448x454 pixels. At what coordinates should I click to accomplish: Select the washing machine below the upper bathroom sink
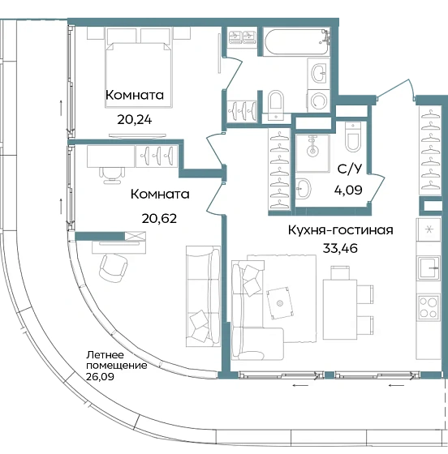(319, 101)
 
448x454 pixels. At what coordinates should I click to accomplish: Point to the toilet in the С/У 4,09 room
(352, 139)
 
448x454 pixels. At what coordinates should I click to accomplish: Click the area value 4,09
(350, 193)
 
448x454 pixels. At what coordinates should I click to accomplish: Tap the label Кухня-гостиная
(340, 230)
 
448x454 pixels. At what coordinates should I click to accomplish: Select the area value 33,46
(340, 247)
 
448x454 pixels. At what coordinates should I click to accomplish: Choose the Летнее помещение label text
(117, 360)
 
